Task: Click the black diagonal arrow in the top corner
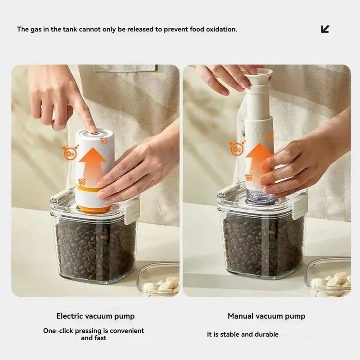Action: (x=325, y=29)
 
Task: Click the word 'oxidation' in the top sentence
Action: (x=220, y=29)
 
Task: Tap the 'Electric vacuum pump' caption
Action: (x=95, y=316)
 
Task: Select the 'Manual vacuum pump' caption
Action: (x=266, y=316)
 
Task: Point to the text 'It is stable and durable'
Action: (x=243, y=334)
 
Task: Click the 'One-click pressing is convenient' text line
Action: (x=94, y=331)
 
